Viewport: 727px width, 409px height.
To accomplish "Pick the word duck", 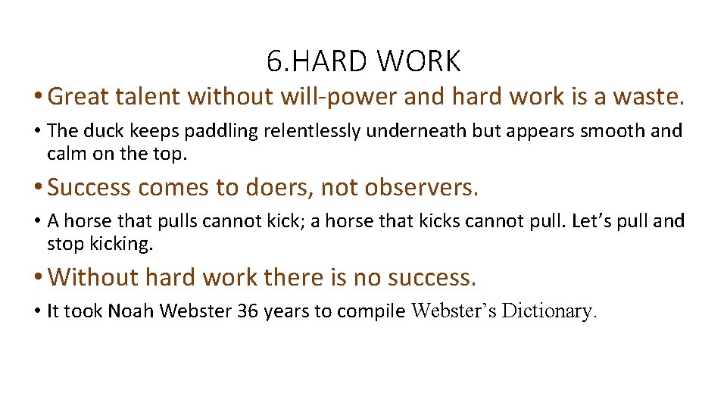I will pyautogui.click(x=111, y=130).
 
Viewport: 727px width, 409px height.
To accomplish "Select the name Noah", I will pyautogui.click(x=130, y=311).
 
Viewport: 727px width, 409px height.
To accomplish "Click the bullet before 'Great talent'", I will pyautogui.click(x=38, y=97).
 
